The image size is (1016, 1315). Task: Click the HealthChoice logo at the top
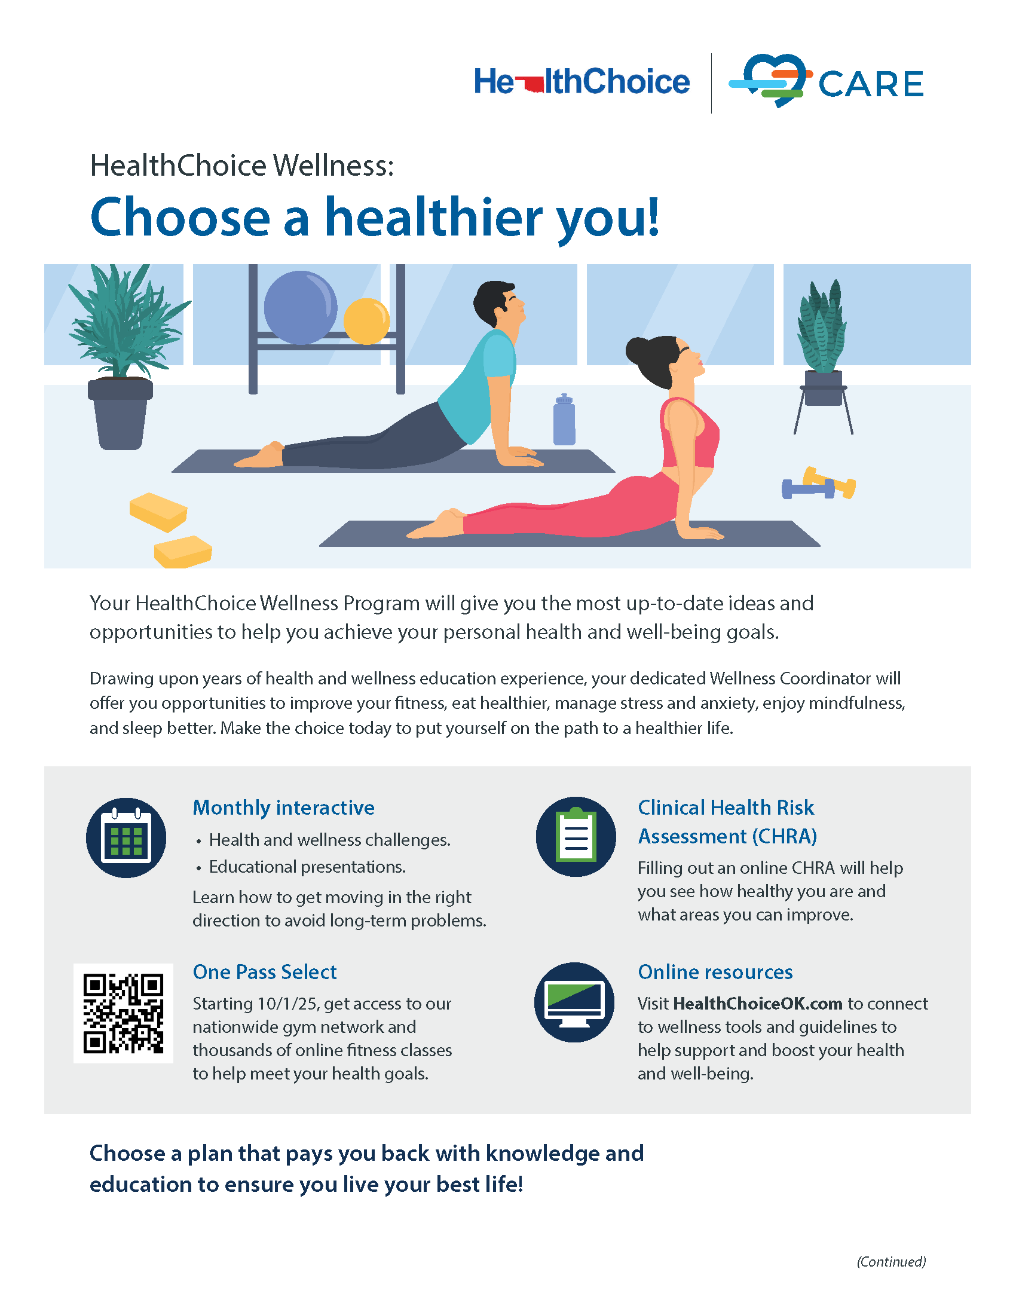pyautogui.click(x=582, y=82)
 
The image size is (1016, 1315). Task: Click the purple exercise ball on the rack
pyautogui.click(x=301, y=308)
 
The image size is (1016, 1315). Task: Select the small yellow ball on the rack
pyautogui.click(x=366, y=322)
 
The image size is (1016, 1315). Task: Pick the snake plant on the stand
pyautogui.click(x=822, y=329)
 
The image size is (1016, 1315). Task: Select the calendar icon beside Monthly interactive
pyautogui.click(x=126, y=838)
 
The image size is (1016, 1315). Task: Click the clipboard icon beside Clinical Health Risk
pyautogui.click(x=576, y=837)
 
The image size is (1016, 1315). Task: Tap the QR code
pyautogui.click(x=123, y=1013)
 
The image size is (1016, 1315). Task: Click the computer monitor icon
pyautogui.click(x=575, y=1002)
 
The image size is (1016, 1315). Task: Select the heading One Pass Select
pyautogui.click(x=264, y=972)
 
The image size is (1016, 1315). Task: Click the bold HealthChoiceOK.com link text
pyautogui.click(x=757, y=1004)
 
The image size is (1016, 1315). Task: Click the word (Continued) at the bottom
pyautogui.click(x=891, y=1261)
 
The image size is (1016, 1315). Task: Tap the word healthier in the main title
pyautogui.click(x=433, y=218)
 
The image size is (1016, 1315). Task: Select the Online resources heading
pyautogui.click(x=715, y=972)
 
